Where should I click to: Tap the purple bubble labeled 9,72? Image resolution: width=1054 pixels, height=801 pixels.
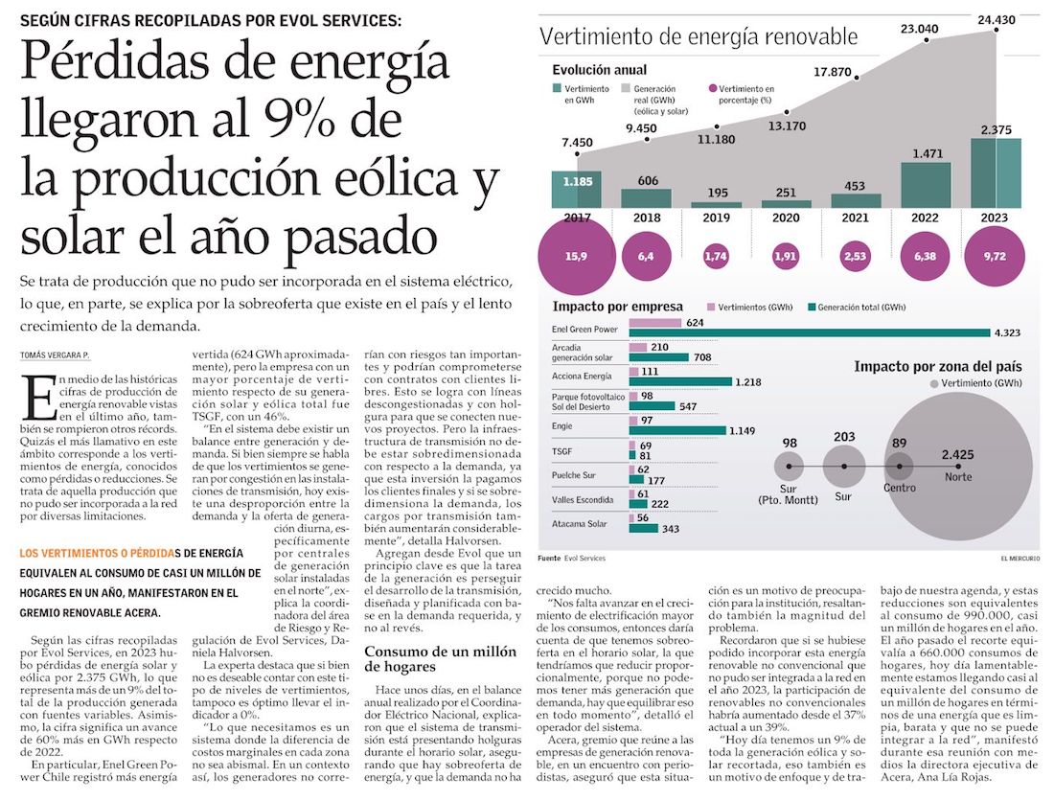pyautogui.click(x=995, y=257)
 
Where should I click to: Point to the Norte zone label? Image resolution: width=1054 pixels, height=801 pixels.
pyautogui.click(x=957, y=477)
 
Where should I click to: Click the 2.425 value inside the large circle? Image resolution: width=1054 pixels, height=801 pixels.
pyautogui.click(x=958, y=454)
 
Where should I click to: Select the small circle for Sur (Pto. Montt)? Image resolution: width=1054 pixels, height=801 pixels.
pyautogui.click(x=790, y=468)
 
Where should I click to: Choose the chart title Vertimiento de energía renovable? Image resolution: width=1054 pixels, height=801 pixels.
pyautogui.click(x=699, y=37)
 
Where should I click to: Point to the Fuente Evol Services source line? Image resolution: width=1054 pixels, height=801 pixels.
pyautogui.click(x=571, y=558)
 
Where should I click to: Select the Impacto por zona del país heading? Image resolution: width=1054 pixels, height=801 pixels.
pyautogui.click(x=937, y=367)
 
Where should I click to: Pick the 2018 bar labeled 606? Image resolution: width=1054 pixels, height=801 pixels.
pyautogui.click(x=646, y=197)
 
